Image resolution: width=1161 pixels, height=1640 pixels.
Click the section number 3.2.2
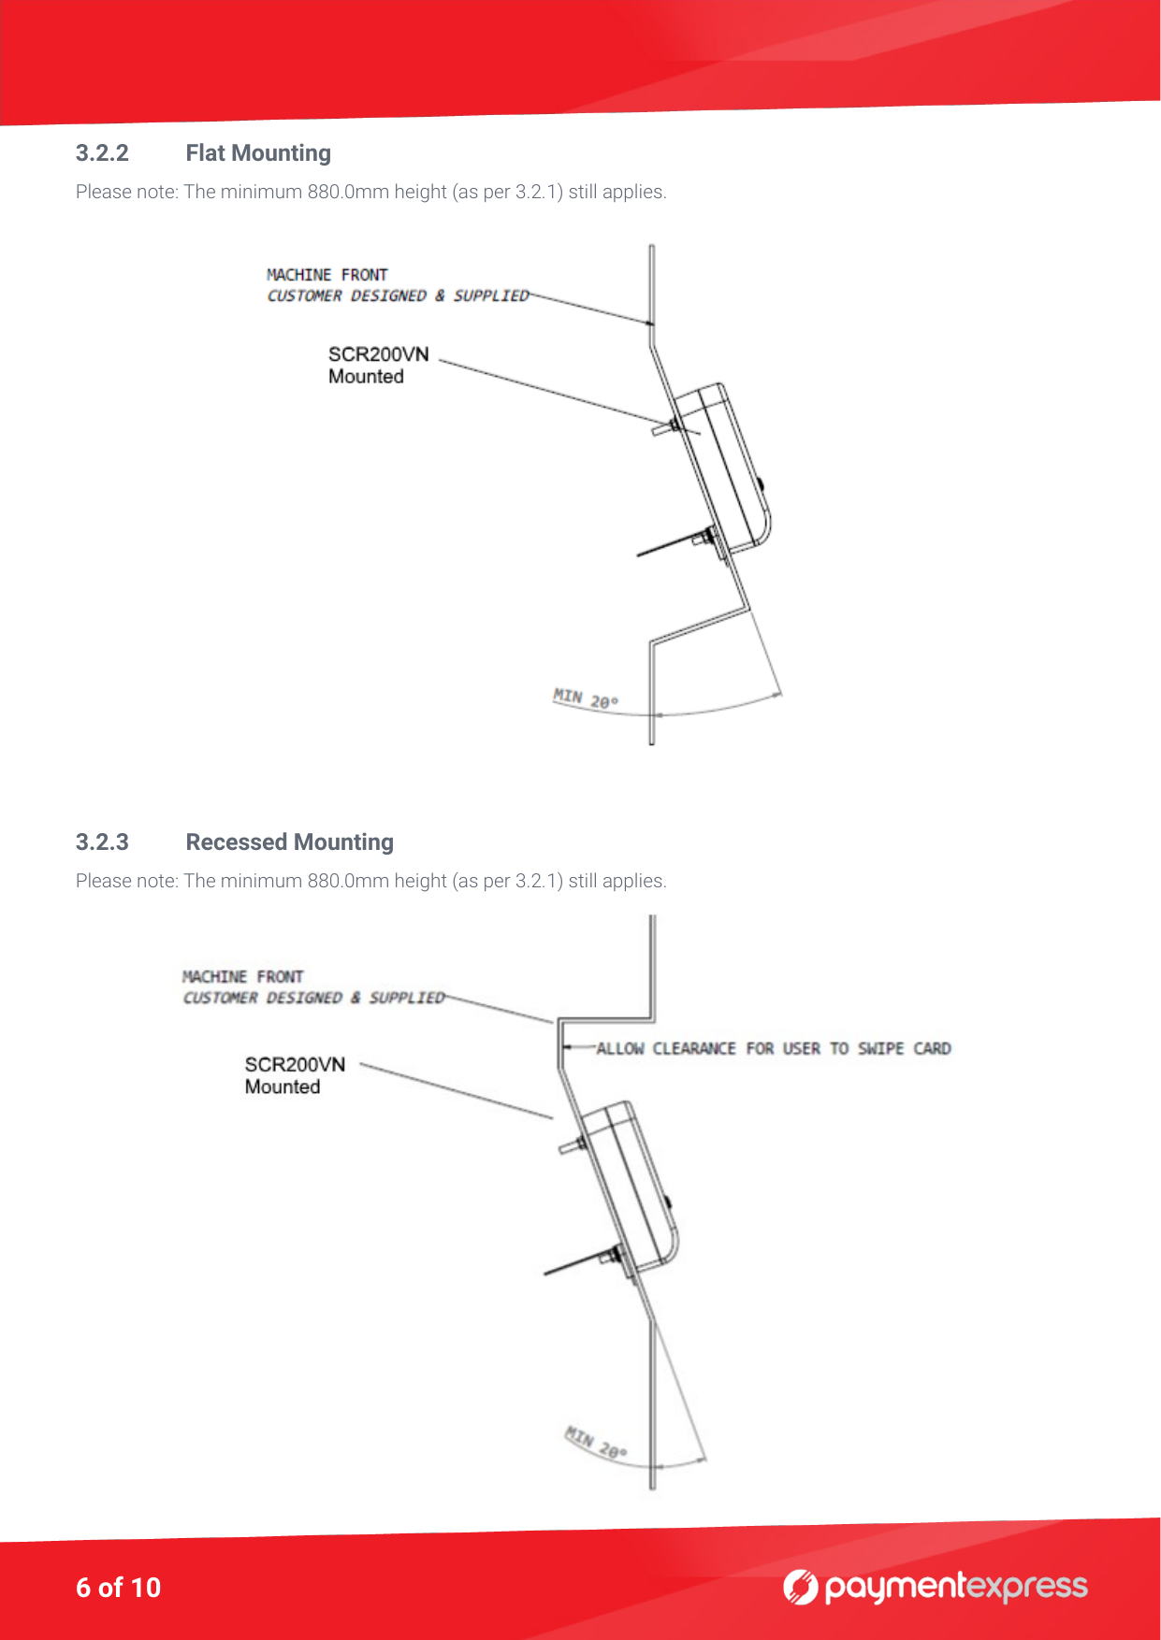coord(102,153)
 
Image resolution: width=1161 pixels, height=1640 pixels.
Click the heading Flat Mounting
coord(258,153)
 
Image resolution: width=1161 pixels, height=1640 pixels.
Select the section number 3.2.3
coord(102,842)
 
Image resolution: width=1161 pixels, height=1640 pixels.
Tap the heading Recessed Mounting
coord(289,842)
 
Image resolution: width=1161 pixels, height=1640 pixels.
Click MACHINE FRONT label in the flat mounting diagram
coord(327,275)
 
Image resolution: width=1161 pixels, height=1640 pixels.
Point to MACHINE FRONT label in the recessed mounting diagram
coord(242,977)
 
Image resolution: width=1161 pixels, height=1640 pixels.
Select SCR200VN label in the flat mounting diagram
coord(378,354)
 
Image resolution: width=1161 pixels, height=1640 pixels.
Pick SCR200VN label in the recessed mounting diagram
coord(295,1065)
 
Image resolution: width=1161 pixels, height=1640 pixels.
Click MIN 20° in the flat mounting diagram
coord(586,699)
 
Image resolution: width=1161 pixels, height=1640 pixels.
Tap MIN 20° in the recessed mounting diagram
coord(596,1444)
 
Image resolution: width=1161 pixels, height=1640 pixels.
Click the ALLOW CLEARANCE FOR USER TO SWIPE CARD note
coord(774,1049)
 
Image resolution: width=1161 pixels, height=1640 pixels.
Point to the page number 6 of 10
coord(118,1588)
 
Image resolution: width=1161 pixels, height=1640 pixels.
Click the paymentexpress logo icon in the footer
coord(801,1587)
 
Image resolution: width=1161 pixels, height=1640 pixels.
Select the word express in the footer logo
coord(1026,1588)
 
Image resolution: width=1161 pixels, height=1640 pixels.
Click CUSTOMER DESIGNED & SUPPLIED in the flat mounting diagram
coord(398,296)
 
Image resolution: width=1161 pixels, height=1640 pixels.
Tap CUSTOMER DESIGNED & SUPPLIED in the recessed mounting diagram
coord(313,999)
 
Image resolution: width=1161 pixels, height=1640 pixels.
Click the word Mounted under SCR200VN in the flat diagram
coord(366,377)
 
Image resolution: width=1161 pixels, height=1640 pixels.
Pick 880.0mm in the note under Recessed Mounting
coord(348,881)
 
